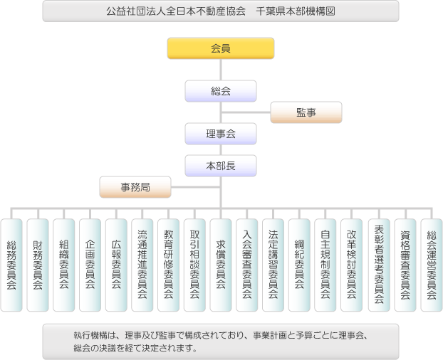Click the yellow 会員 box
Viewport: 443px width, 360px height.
click(221, 48)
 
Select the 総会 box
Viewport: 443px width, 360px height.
click(221, 91)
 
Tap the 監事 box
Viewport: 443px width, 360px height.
click(306, 112)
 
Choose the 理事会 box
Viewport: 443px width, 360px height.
click(221, 134)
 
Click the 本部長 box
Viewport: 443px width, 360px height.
click(221, 166)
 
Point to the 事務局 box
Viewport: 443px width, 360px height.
click(135, 187)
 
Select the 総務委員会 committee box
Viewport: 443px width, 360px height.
click(11, 265)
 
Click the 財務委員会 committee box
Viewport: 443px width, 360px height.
click(38, 265)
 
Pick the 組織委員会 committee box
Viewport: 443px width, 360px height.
click(63, 265)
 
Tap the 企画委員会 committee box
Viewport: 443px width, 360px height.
click(90, 265)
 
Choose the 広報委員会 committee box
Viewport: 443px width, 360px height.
click(116, 265)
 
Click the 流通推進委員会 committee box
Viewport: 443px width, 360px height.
click(142, 265)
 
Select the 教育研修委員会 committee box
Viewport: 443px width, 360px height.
click(168, 265)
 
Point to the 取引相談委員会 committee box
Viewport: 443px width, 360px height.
click(194, 265)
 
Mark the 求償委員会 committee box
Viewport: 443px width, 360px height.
click(221, 265)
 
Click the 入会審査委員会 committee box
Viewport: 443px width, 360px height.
click(247, 265)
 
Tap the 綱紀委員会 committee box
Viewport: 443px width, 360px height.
click(299, 265)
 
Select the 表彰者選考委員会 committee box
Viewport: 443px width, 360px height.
click(378, 265)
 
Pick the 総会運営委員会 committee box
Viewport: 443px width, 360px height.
click(431, 265)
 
